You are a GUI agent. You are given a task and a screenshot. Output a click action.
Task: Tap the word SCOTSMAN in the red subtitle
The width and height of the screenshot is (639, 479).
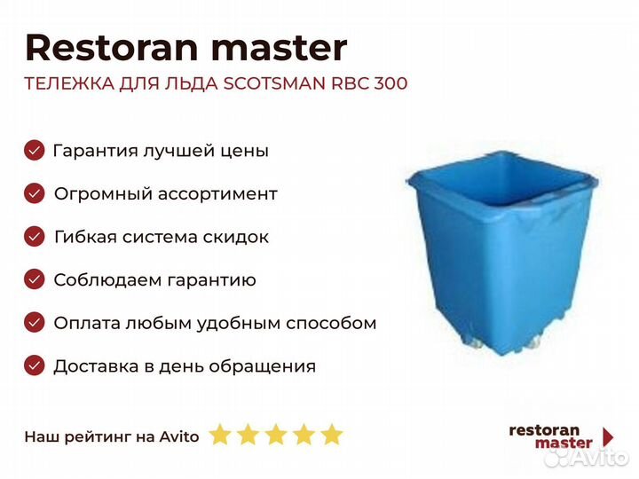point(276,84)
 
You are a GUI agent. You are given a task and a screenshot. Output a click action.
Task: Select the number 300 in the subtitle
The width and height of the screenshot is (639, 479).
point(389,84)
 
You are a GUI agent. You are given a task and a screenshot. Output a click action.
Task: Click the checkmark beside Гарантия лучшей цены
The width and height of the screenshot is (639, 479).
point(34,150)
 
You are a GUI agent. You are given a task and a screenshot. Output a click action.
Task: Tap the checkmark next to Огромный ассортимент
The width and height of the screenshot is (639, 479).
point(34,193)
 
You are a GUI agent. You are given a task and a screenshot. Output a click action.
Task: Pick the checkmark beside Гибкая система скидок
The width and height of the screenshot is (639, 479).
point(34,237)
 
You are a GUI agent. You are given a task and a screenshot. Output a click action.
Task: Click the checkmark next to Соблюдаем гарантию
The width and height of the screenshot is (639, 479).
point(34,280)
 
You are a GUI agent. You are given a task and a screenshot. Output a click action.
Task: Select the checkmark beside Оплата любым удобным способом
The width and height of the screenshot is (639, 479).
point(34,323)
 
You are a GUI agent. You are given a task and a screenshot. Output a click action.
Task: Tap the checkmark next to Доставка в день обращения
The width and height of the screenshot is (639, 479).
point(34,365)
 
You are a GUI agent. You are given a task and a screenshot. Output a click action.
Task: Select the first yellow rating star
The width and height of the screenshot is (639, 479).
point(220,435)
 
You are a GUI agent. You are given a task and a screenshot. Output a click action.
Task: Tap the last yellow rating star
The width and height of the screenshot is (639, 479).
point(331,435)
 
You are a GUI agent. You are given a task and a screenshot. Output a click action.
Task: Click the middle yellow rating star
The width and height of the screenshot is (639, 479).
point(275,435)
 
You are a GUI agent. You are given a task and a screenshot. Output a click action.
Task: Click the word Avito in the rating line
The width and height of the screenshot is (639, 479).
point(179,436)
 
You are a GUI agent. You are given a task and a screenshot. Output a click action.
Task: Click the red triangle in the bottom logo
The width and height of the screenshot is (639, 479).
point(608,436)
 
